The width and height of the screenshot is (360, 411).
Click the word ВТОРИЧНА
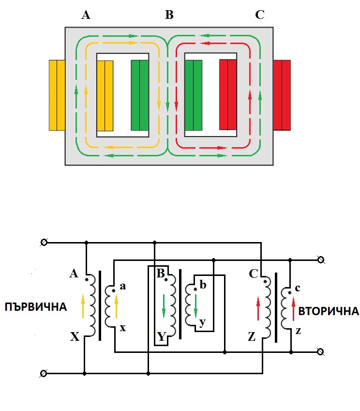(x=329, y=311)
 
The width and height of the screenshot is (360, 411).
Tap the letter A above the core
(x=86, y=15)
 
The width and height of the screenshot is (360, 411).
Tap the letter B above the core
(x=169, y=15)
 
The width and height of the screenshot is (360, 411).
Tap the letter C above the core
(x=260, y=15)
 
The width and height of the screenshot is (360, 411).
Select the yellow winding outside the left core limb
(x=57, y=95)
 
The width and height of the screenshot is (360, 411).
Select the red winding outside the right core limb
(x=282, y=95)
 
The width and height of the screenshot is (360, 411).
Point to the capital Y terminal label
(x=161, y=336)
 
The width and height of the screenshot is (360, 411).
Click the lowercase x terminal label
(x=123, y=328)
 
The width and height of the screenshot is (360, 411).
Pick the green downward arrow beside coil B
(x=163, y=305)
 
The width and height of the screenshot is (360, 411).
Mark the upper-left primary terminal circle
(x=44, y=242)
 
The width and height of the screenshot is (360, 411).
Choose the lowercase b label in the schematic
(x=203, y=285)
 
